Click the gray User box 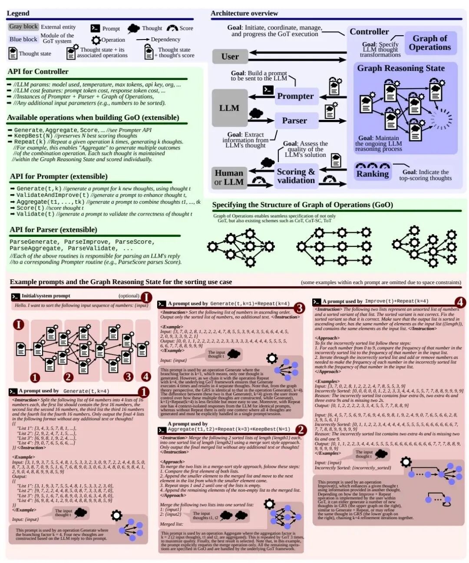(x=230, y=56)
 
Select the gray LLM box (x=229, y=108)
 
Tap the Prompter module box (x=296, y=96)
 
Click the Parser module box (x=295, y=120)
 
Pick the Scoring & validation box (x=296, y=176)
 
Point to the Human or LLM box (x=229, y=177)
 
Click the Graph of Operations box (x=429, y=43)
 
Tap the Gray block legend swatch (x=23, y=26)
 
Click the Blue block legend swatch (x=23, y=39)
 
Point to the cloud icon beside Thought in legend (x=134, y=29)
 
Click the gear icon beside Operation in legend (x=96, y=40)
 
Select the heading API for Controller (x=38, y=72)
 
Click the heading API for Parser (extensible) (x=53, y=230)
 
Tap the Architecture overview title (x=244, y=13)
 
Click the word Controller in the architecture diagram (x=369, y=32)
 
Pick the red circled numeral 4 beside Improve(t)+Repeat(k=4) (x=460, y=302)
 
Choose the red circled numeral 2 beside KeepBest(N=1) (x=301, y=430)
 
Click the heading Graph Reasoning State (x=401, y=68)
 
